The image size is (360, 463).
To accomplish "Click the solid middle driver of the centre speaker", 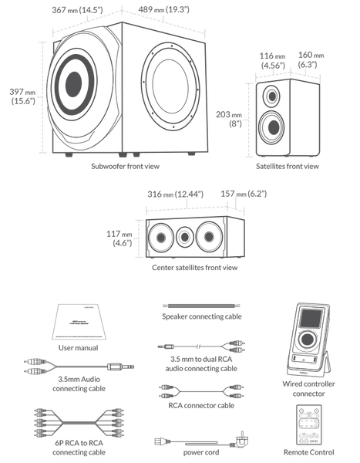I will (184, 235).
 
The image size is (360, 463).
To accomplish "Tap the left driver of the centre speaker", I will (160, 236).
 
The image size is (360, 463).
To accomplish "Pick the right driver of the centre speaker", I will (208, 235).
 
